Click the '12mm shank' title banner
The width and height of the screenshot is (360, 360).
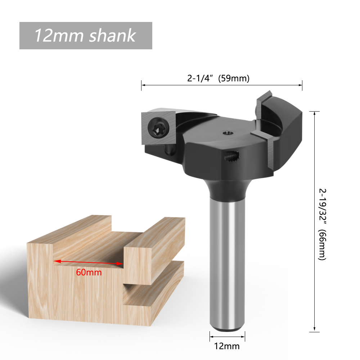pos(86,36)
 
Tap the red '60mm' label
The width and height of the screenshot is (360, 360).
pos(89,273)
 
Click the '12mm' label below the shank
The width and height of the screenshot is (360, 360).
pos(227,346)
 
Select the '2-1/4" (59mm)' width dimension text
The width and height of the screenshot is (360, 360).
pos(218,78)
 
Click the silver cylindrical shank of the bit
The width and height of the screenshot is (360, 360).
pos(227,263)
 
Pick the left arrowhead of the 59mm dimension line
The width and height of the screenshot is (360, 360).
pos(143,85)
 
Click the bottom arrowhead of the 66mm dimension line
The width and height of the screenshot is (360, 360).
pos(315,329)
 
